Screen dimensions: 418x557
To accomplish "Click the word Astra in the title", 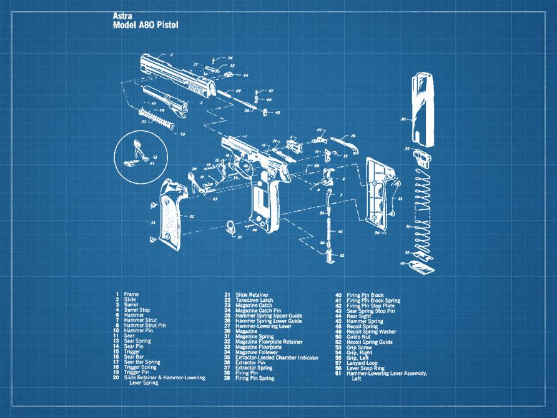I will pos(122,15).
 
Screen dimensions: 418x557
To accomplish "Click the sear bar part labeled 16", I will pos(342,142).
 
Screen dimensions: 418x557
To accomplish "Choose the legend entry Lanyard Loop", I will pos(362,363).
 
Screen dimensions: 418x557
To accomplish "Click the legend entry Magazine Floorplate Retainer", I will pos(269,342).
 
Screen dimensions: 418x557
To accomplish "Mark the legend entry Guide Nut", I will pos(358,336).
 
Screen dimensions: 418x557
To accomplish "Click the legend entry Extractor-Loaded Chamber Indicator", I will pos(277,357).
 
